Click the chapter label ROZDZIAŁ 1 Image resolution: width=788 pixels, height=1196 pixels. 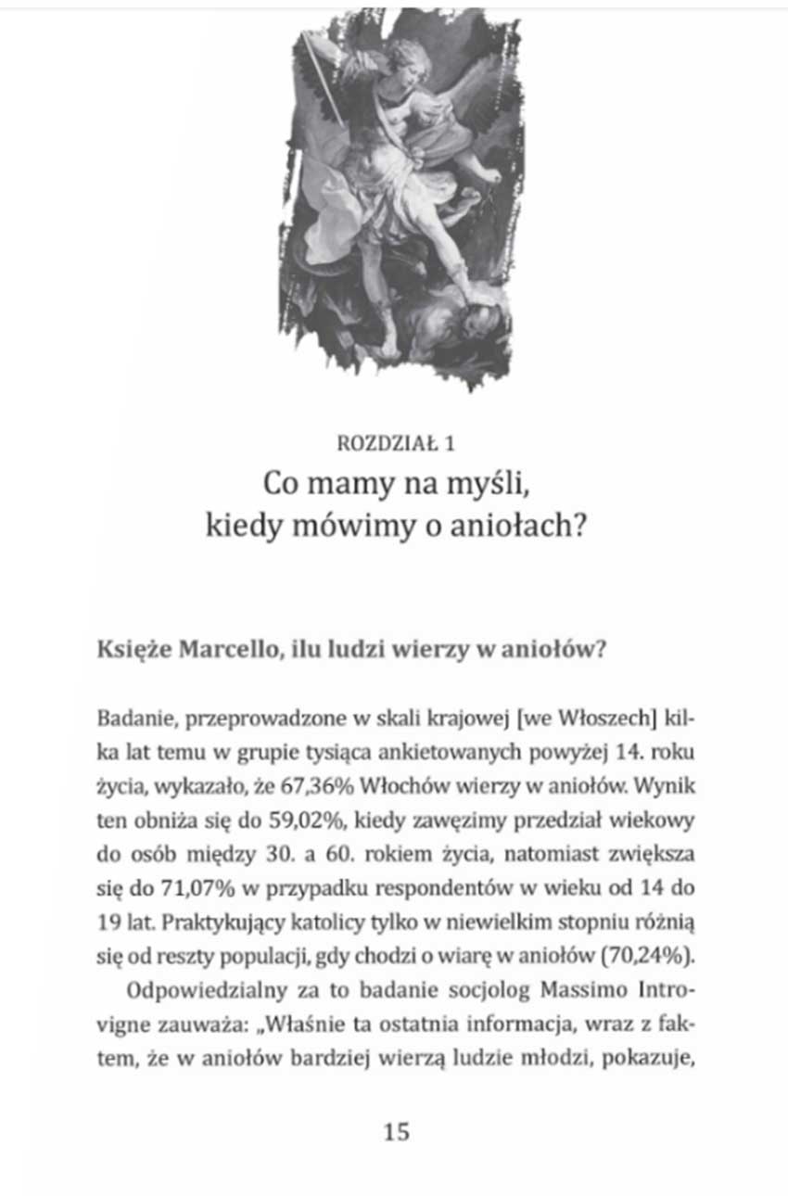click(x=396, y=443)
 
